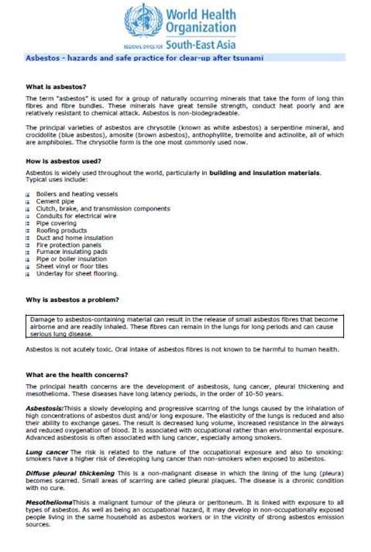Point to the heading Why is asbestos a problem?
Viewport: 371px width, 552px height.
pyautogui.click(x=72, y=299)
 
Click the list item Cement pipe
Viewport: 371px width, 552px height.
pyautogui.click(x=55, y=201)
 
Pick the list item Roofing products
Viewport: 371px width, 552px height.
pyautogui.click(x=61, y=230)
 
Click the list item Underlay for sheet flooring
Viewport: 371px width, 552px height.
pyautogui.click(x=77, y=273)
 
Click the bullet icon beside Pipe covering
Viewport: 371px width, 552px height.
pyautogui.click(x=28, y=223)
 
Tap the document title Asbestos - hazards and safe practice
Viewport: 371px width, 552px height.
pyautogui.click(x=144, y=58)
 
